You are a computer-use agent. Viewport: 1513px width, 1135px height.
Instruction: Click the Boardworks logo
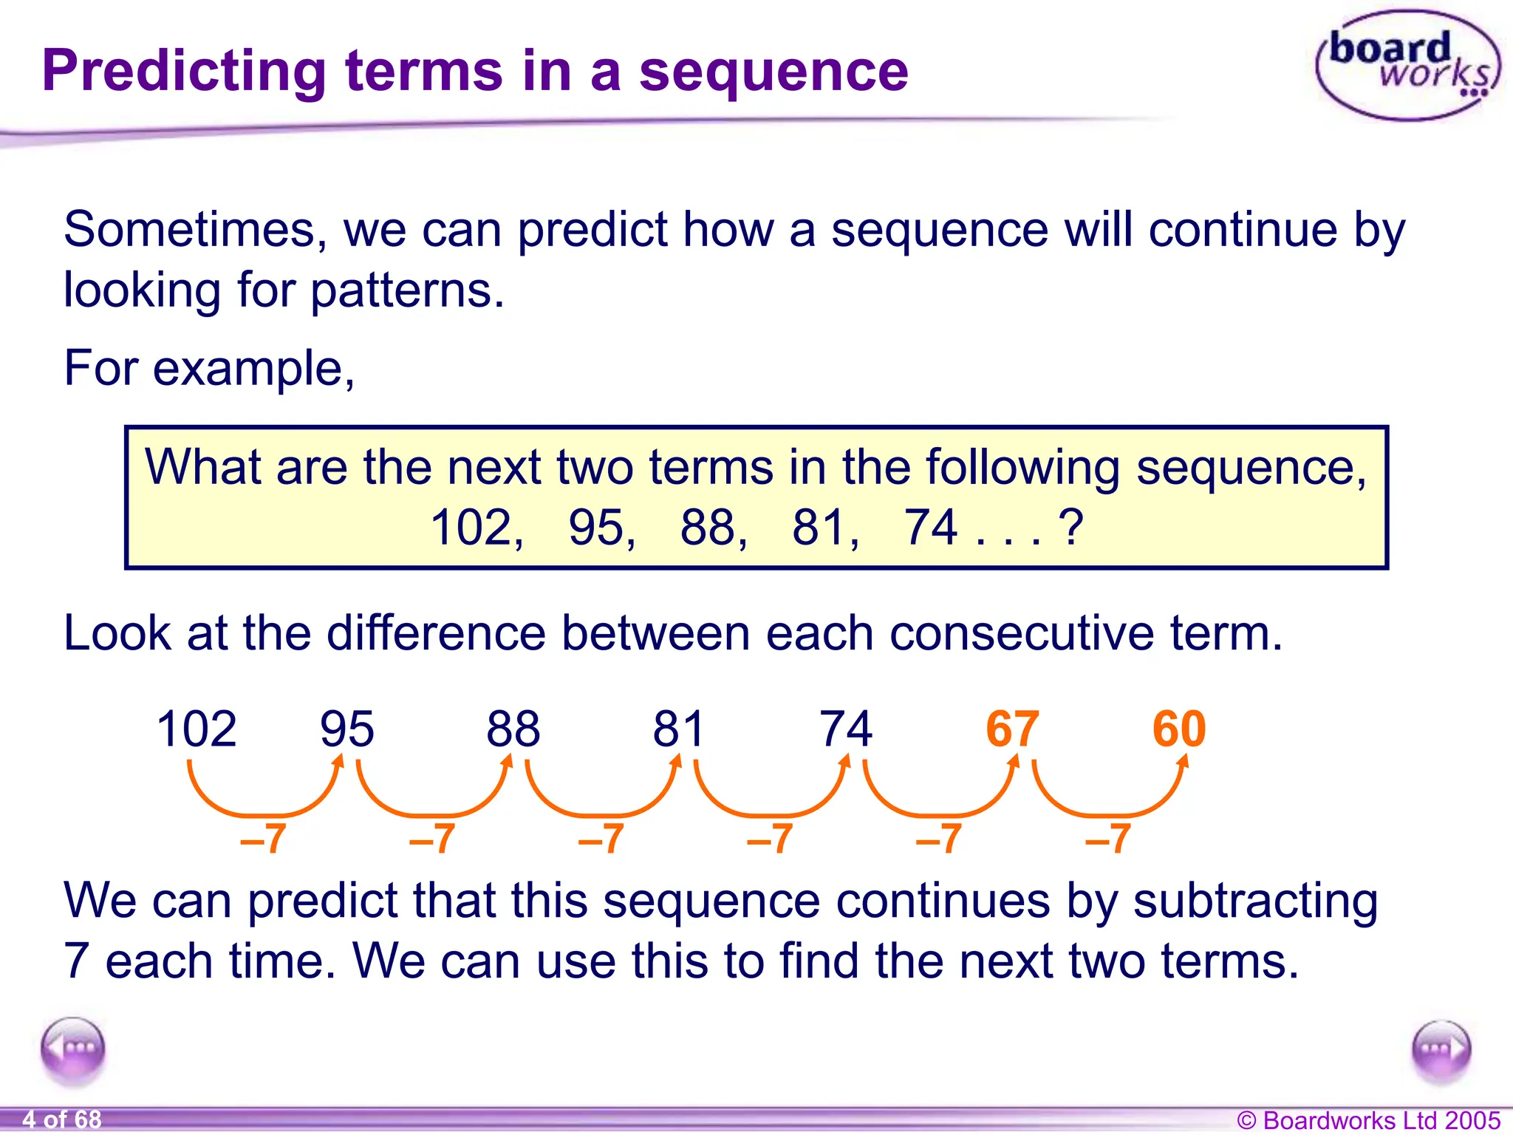point(1407,65)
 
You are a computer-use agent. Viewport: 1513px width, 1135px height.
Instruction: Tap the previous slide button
point(72,1049)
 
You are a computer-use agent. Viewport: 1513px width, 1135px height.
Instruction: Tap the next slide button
point(1441,1049)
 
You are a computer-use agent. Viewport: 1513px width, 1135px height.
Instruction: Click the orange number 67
point(1012,729)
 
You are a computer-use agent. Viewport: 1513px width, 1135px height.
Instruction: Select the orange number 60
point(1179,729)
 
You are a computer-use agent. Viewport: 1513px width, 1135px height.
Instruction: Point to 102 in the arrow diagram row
point(197,729)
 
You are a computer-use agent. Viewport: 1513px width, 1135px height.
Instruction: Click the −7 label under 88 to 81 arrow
point(601,839)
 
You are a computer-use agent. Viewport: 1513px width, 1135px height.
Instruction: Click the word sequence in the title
point(773,71)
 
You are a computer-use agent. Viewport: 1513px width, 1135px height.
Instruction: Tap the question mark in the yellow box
point(1070,528)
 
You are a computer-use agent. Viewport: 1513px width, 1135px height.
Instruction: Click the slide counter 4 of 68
point(62,1119)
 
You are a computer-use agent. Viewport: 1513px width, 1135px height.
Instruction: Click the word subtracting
point(1255,901)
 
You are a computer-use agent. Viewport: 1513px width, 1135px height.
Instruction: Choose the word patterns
point(407,290)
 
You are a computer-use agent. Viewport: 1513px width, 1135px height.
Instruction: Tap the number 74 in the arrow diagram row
point(846,729)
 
